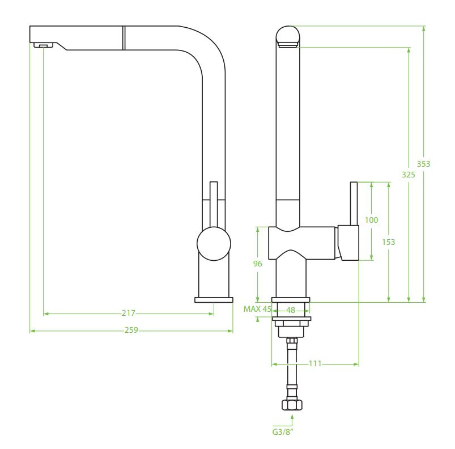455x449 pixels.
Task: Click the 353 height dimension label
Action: pos(423,164)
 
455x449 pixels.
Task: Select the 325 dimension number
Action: pos(409,175)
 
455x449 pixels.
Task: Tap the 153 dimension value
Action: pos(388,242)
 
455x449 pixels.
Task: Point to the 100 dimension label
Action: pos(372,220)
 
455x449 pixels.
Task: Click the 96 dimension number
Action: pos(257,264)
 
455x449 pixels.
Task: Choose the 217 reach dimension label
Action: pos(128,313)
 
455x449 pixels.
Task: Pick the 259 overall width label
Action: pos(131,331)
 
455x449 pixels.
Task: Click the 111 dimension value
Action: pos(315,363)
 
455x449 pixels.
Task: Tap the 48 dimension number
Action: pos(291,310)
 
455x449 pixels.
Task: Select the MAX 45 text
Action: pos(257,309)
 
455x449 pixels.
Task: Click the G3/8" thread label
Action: pos(283,432)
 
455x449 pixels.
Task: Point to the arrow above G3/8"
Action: pos(292,420)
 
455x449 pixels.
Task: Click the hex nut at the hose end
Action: pos(292,404)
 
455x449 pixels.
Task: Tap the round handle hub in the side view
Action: pos(214,244)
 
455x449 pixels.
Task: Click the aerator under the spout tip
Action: pos(43,45)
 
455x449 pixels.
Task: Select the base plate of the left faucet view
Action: pos(214,300)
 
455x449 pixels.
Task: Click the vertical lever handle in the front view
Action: pos(354,204)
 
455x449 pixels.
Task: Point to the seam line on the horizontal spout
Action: pos(124,38)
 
